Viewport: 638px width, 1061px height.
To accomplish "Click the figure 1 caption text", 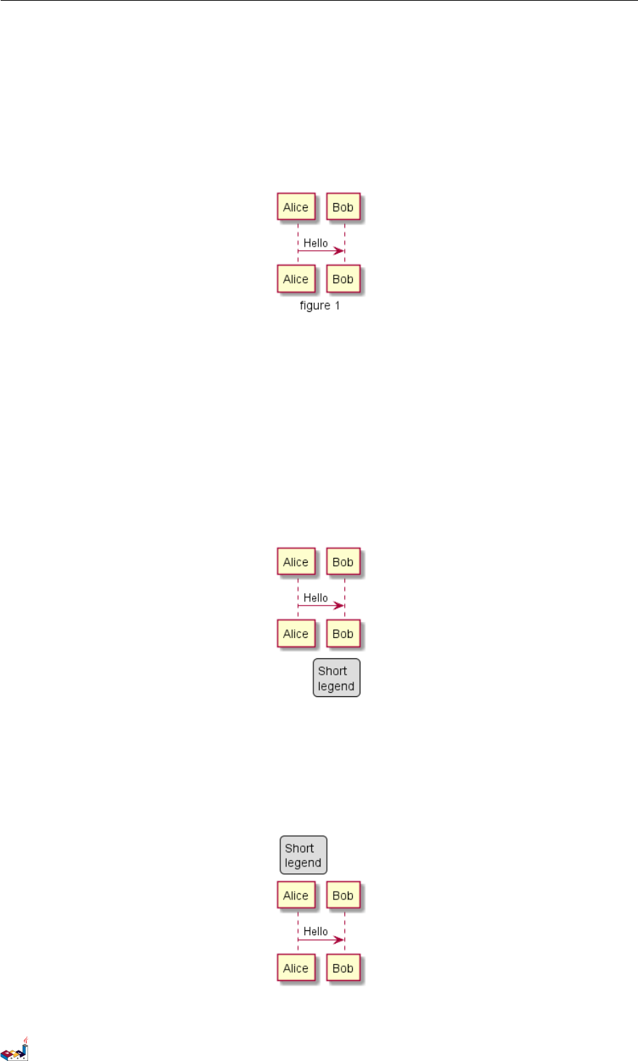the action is (320, 306).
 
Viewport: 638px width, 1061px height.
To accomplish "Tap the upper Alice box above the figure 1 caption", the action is (296, 207).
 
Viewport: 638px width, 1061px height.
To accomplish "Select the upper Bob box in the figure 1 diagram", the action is (343, 207).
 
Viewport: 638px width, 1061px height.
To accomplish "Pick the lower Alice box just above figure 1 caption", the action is (296, 279).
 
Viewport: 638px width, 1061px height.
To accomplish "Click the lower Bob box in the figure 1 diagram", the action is (343, 279).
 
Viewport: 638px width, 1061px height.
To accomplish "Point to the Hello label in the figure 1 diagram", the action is (315, 243).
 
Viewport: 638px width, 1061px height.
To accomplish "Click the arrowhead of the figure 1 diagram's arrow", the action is (340, 251).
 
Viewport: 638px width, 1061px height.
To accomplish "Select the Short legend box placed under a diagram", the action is (337, 678).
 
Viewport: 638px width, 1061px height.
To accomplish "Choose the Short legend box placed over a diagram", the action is (304, 855).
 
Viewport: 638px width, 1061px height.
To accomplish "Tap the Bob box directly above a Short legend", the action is (343, 634).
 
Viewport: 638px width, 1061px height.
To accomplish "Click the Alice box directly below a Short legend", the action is (296, 896).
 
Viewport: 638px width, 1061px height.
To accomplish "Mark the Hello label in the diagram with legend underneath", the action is (315, 598).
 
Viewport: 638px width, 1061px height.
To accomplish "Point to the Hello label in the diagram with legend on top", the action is (315, 932).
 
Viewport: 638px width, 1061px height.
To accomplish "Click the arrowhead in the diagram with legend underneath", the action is (340, 606).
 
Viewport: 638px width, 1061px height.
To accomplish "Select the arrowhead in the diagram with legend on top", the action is (340, 939).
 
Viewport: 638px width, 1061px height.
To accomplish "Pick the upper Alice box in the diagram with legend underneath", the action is (296, 562).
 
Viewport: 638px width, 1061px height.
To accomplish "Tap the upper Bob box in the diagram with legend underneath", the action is (343, 562).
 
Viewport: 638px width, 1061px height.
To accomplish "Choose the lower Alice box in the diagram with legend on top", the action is (296, 968).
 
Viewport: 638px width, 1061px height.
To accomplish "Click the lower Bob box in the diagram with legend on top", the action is (343, 968).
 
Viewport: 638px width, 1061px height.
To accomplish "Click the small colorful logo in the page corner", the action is (15, 1049).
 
